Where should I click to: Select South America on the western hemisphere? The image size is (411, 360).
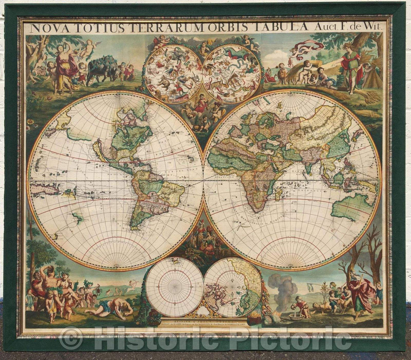click(x=152, y=198)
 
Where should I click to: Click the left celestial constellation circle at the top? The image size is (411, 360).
click(x=174, y=74)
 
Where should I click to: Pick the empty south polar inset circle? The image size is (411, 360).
click(x=175, y=287)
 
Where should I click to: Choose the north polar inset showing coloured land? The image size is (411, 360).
click(x=233, y=287)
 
